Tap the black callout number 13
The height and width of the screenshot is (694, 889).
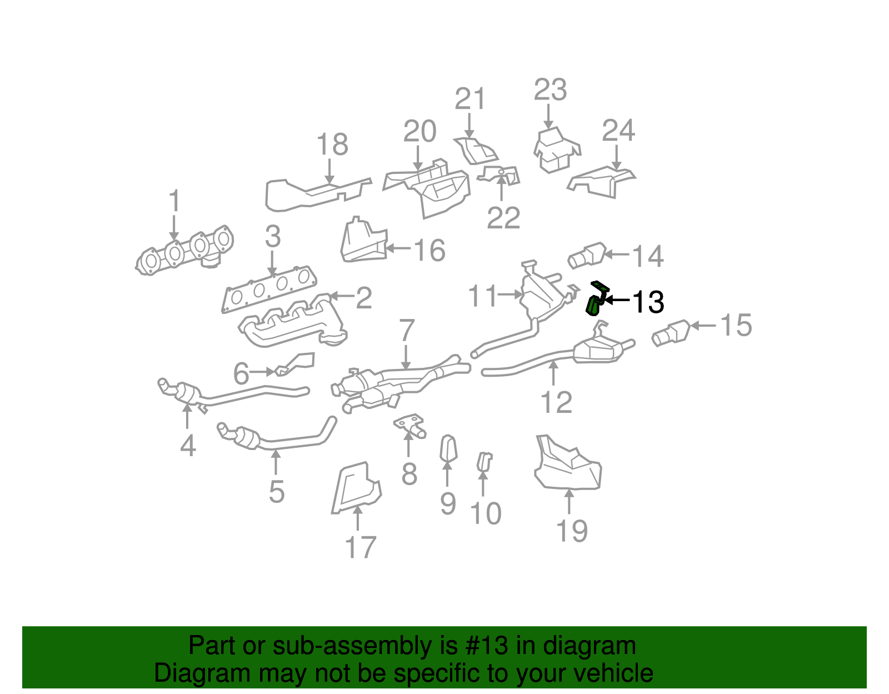point(648,302)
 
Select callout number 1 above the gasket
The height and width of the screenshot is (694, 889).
point(174,201)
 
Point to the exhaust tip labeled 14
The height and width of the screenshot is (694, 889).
point(587,255)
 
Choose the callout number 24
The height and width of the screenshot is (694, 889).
point(618,131)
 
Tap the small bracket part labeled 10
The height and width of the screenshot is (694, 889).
point(484,462)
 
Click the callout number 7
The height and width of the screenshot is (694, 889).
point(407,331)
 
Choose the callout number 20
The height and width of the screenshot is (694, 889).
point(419,132)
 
